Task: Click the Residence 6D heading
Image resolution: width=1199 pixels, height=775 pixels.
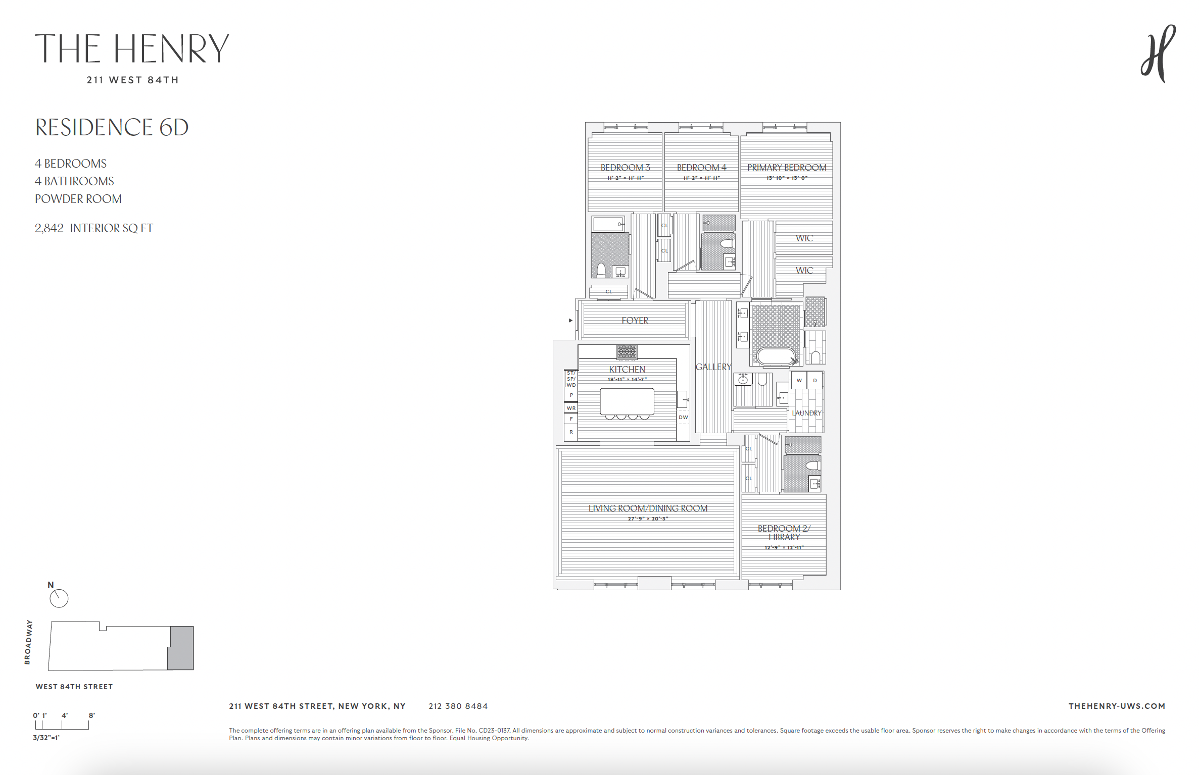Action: coord(112,127)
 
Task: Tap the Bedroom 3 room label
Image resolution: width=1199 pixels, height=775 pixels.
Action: coord(625,168)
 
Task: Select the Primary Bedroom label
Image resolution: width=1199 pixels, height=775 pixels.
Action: coord(787,168)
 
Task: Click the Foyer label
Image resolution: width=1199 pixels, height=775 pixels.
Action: coord(635,321)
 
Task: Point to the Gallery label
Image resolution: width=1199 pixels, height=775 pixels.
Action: coord(713,367)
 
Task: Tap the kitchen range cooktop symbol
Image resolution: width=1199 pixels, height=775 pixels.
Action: coord(627,351)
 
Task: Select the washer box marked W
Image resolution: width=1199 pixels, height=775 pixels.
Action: coord(799,380)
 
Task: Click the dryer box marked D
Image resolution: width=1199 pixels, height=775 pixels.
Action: coord(814,380)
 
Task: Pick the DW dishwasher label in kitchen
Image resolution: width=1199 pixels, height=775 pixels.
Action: coord(683,417)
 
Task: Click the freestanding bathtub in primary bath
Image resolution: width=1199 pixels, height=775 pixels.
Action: coord(776,356)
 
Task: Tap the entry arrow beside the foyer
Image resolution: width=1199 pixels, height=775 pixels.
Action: coord(570,321)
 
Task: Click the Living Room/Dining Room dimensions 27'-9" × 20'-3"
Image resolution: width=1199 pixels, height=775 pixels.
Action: coord(648,519)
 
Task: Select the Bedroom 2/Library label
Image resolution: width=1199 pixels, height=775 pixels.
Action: coord(784,533)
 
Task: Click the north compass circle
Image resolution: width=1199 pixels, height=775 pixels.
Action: coord(59,598)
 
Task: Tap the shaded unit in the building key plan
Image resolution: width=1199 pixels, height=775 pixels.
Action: coord(181,648)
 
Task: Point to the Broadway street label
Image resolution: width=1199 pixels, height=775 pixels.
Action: coord(28,642)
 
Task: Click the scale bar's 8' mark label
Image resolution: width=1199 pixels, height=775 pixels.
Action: coord(91,715)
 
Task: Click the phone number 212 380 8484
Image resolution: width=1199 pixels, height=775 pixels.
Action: coord(458,706)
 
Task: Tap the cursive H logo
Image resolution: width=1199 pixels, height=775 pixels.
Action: coord(1158,55)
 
